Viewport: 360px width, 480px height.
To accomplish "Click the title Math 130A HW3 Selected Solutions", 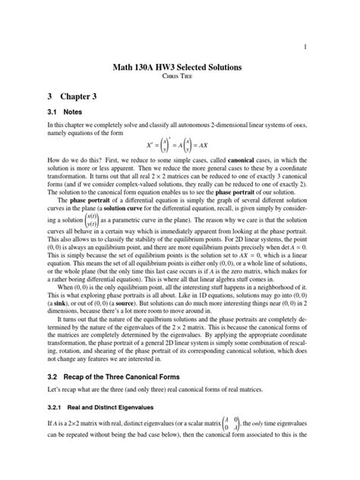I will [180, 68].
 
